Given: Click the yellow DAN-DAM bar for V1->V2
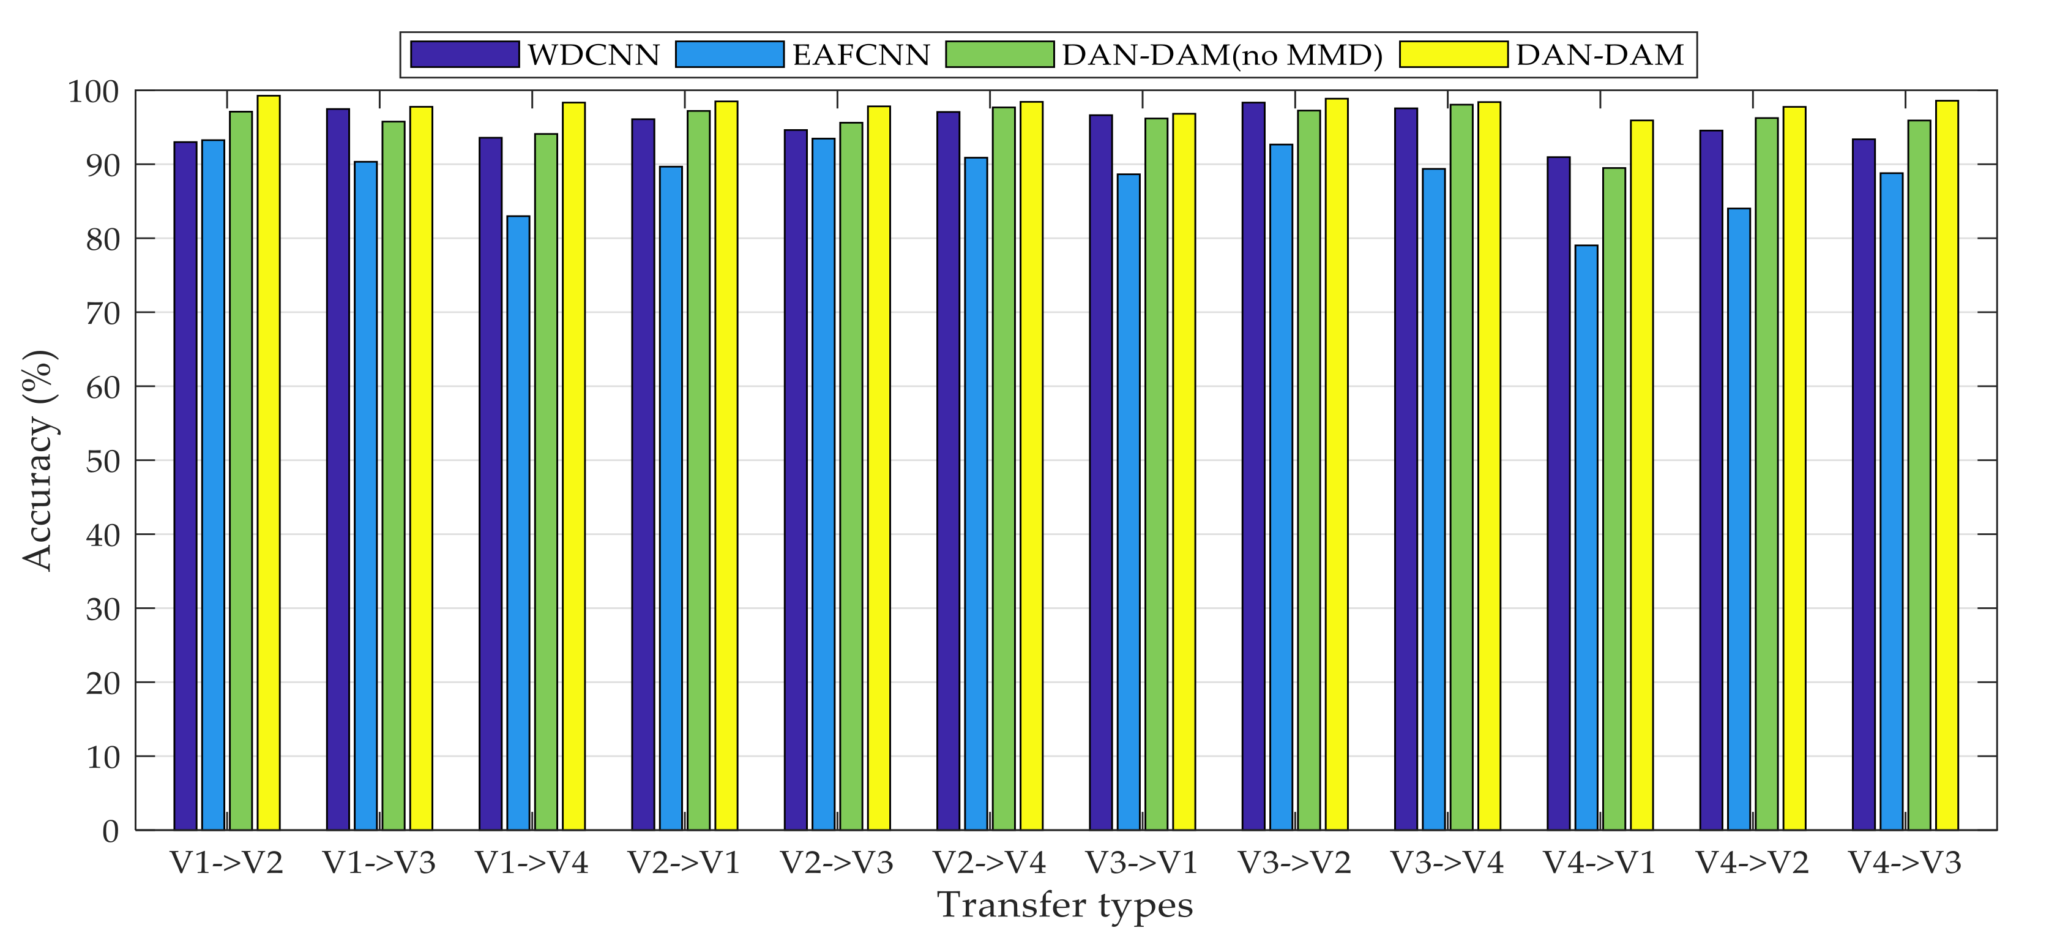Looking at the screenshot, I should pos(269,462).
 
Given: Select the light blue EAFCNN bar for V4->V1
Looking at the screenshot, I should pos(1586,537).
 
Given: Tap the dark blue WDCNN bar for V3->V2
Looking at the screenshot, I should pos(1253,465).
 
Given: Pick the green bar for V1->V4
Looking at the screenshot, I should pos(546,481).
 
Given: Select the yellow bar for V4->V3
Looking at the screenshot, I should pos(1947,465).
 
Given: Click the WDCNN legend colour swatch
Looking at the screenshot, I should pos(465,54).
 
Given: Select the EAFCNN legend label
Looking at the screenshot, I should pos(860,54).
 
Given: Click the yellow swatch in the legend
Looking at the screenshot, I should pos(1454,54).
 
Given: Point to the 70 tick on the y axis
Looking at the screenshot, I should pos(102,313).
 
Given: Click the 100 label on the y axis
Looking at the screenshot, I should pos(93,91).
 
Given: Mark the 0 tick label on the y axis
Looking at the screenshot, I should pos(111,831).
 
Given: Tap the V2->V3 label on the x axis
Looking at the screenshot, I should pos(837,862).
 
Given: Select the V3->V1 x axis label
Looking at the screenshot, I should pos(1142,862).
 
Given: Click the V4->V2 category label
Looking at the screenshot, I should pos(1752,862).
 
